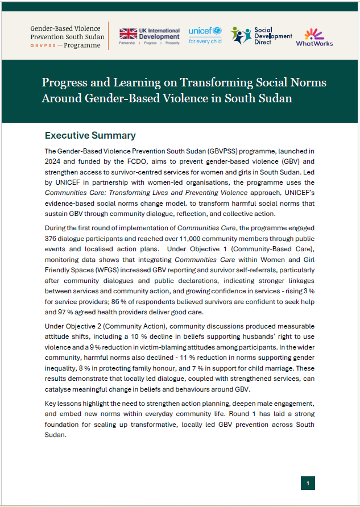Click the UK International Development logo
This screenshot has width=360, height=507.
[x=149, y=36]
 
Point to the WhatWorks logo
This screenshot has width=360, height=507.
[x=315, y=38]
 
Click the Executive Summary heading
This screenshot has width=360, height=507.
[x=90, y=135]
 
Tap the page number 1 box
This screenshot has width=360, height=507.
[x=307, y=483]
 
